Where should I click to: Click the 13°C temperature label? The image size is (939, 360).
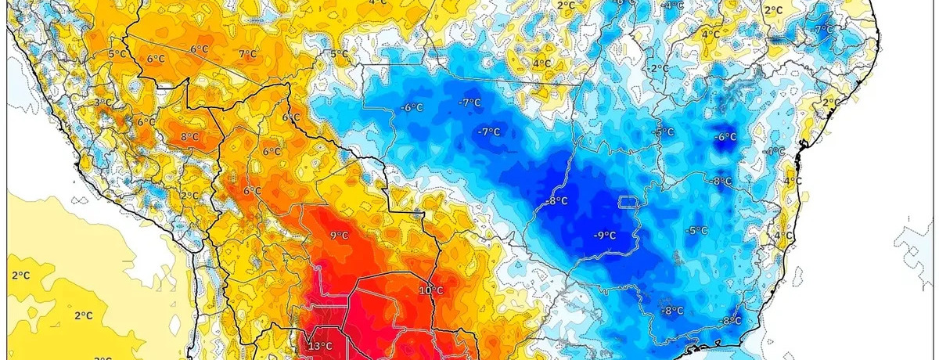pos(320,347)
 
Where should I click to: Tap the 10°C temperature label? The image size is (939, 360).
pos(430,290)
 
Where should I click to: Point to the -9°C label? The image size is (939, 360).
pos(603,235)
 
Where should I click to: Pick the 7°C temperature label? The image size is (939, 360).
pos(247,54)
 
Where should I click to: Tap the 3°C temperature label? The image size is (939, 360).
pos(102,103)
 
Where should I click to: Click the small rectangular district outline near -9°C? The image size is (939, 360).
pos(629,202)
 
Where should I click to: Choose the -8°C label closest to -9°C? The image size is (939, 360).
pos(557,201)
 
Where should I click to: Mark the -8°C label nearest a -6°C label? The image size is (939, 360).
pos(721,181)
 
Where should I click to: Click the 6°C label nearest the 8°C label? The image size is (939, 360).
pos(146,122)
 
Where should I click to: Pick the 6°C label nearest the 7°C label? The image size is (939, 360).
pos(200,49)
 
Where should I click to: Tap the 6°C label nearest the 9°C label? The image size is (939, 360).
pos(252,191)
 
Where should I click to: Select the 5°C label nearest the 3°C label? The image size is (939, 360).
pos(117,53)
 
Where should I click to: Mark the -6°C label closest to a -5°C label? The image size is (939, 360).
pos(725,138)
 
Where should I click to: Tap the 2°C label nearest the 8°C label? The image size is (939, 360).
pos(189,196)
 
